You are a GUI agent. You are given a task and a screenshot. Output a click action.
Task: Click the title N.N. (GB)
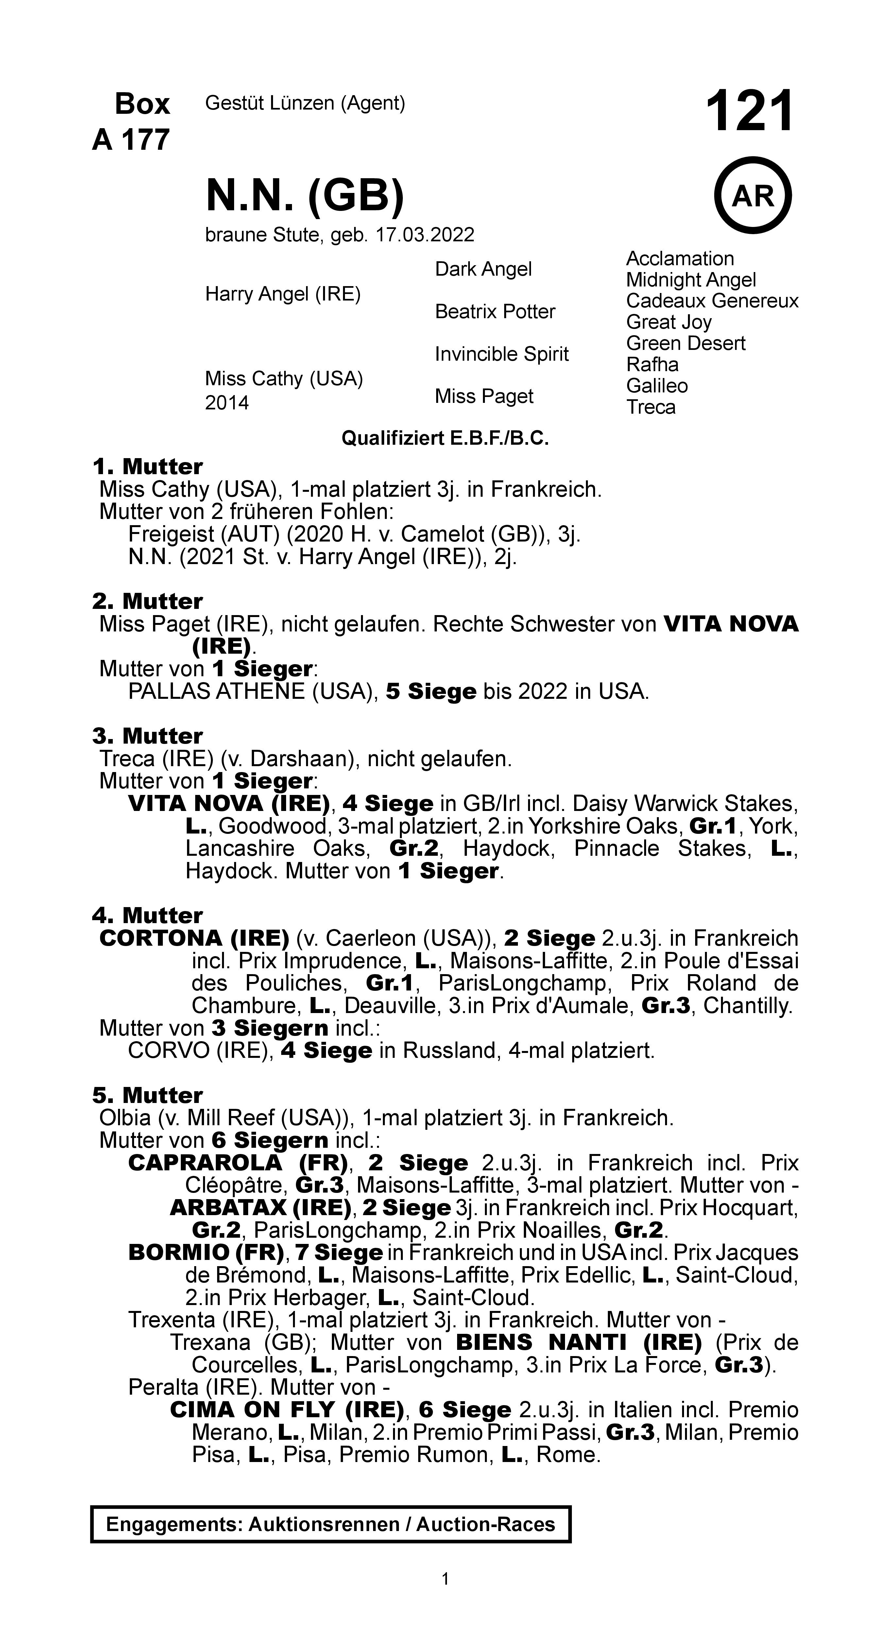point(305,196)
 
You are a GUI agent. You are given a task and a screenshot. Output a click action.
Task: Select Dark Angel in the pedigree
point(483,269)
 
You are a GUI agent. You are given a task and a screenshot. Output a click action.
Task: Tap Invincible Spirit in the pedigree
point(501,354)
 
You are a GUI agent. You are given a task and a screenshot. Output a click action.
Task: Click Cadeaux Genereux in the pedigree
point(711,301)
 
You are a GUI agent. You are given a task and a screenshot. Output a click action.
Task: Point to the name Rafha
point(652,364)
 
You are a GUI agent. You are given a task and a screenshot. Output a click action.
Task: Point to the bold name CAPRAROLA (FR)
point(237,1163)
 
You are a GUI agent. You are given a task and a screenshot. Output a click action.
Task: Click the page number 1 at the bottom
point(445,1578)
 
